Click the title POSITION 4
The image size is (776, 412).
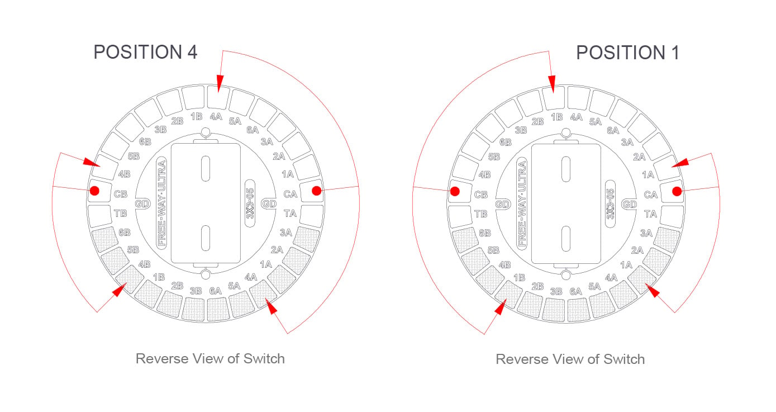tap(145, 53)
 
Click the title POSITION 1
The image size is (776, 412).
tap(627, 53)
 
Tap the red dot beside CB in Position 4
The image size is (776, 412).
tap(94, 191)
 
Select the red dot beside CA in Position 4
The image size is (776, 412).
tap(316, 191)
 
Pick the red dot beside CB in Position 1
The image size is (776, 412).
tap(455, 191)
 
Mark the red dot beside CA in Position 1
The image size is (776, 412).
tap(677, 191)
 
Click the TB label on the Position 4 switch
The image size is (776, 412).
tap(121, 214)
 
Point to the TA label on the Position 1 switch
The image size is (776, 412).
tap(651, 214)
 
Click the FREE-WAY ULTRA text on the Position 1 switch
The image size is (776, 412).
tap(522, 203)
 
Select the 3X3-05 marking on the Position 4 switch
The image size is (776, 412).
tap(250, 203)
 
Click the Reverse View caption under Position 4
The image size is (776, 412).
tap(210, 359)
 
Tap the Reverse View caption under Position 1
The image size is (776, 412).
tap(570, 359)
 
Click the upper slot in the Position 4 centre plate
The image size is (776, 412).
tap(206, 169)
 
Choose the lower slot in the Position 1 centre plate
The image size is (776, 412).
tap(566, 239)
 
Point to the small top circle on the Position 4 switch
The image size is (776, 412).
tap(206, 132)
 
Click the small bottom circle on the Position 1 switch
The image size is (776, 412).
tap(566, 276)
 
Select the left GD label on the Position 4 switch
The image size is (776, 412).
tap(142, 203)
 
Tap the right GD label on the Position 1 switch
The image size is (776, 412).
tap(630, 205)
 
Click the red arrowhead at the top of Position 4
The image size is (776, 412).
tap(220, 83)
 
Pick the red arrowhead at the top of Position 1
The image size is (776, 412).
tap(552, 84)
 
